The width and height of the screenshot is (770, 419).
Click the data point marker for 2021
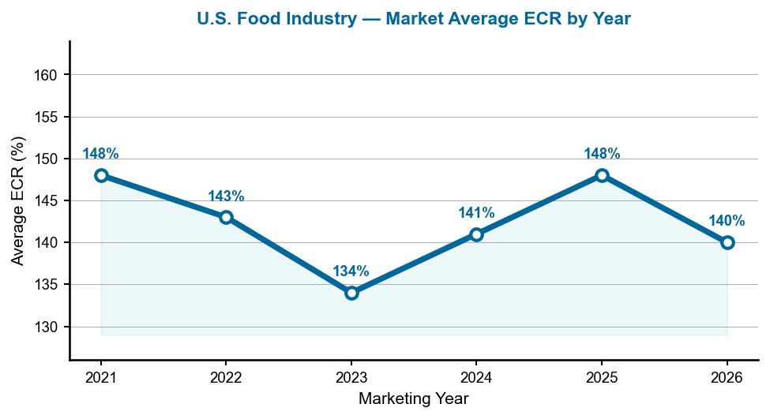101,175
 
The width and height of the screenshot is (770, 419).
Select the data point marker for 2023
351,293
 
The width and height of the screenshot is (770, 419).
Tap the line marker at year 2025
602,175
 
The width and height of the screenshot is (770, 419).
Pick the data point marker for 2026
727,242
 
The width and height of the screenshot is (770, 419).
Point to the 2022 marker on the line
226,217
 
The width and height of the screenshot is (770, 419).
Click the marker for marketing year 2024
476,234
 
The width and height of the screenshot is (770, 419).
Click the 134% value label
351,271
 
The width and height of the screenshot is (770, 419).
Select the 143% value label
226,196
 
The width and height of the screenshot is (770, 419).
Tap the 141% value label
476,213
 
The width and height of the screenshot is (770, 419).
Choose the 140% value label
727,221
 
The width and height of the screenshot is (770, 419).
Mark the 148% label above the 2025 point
602,154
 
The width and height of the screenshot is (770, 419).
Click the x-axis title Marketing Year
413,399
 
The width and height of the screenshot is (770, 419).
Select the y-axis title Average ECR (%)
18,200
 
